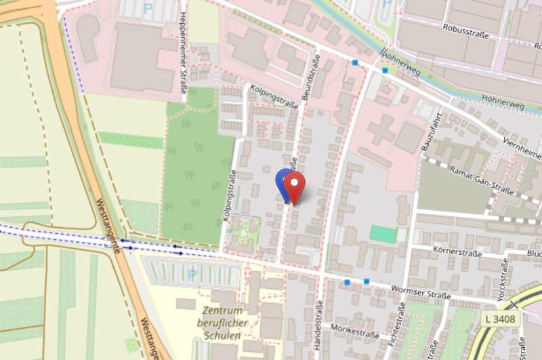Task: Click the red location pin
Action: tap(295, 184)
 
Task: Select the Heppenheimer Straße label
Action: tap(184, 60)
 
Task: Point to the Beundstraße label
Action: tap(313, 79)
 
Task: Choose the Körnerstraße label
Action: tap(457, 253)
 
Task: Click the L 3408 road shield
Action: tap(501, 317)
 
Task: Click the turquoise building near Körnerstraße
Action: tap(383, 235)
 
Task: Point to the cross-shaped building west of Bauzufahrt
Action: tap(382, 129)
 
